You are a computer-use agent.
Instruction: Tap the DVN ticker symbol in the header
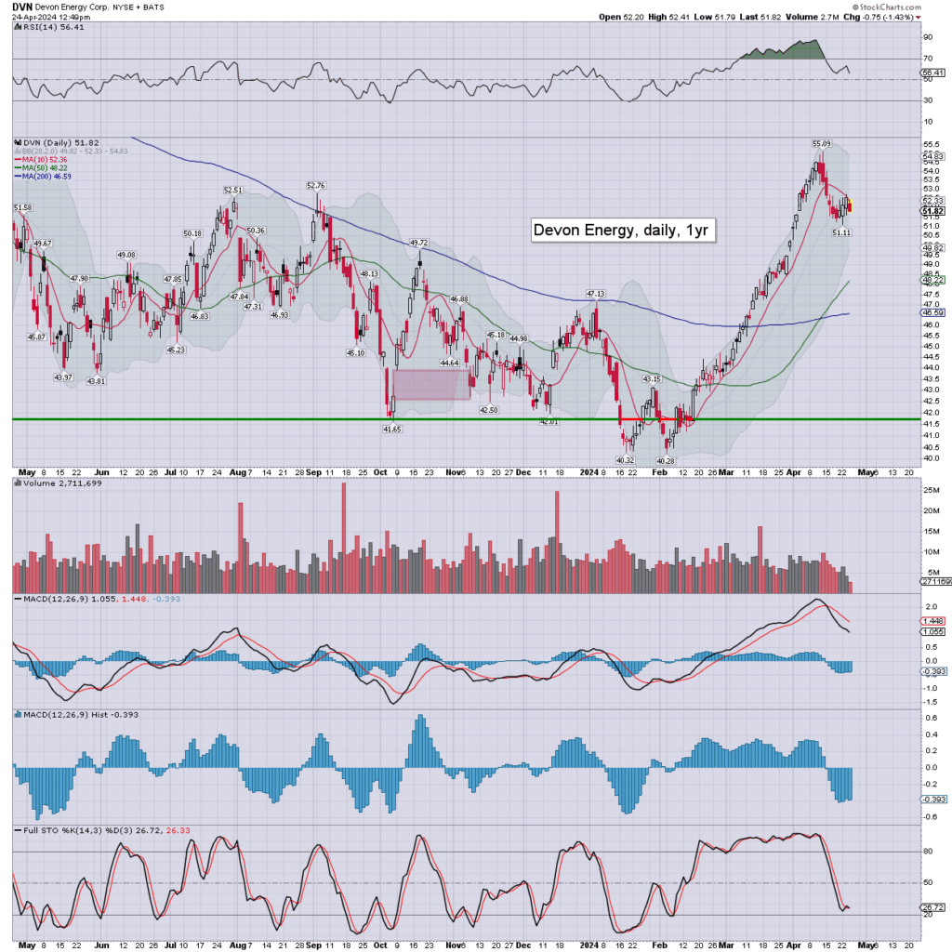[21, 6]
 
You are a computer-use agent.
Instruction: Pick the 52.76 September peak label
[317, 185]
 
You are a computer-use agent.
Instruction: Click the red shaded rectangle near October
[431, 385]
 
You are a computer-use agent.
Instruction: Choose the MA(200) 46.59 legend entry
[48, 177]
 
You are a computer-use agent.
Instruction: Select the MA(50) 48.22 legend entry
[46, 168]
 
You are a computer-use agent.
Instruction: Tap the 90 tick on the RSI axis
[927, 37]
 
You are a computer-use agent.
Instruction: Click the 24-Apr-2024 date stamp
[33, 17]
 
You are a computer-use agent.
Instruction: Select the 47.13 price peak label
[595, 293]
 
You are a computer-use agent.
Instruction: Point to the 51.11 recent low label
[840, 232]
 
